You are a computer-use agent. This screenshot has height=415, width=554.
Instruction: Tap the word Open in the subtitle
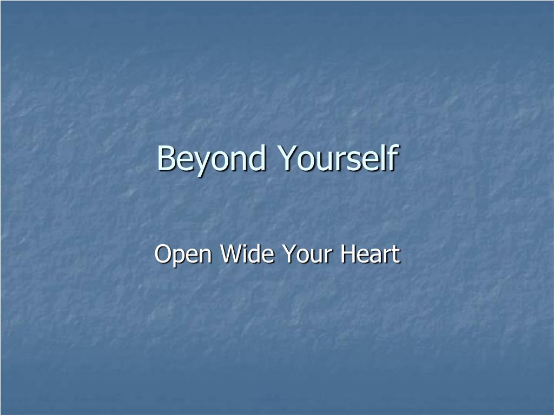click(x=182, y=255)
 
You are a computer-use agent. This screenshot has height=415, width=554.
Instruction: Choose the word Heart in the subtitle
click(x=370, y=254)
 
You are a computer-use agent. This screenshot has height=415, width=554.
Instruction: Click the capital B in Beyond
click(x=166, y=158)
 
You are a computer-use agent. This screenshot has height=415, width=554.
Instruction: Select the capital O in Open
click(x=163, y=254)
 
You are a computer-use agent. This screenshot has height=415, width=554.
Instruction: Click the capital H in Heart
click(x=348, y=254)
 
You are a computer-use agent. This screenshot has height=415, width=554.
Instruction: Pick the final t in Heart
click(x=395, y=255)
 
